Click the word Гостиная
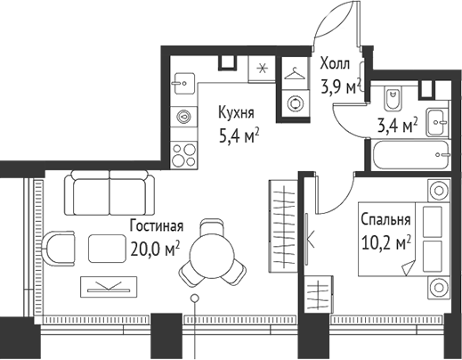(157, 225)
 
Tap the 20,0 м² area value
(156, 250)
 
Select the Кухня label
(236, 113)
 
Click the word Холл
(335, 64)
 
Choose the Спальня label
(385, 220)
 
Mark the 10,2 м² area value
(386, 242)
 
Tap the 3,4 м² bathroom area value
(397, 126)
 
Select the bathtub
(409, 154)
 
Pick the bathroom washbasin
(437, 122)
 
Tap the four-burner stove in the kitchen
(184, 155)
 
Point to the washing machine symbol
(296, 102)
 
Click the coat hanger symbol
(295, 74)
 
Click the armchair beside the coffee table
(58, 248)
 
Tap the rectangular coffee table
(107, 249)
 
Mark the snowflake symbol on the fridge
(262, 70)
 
